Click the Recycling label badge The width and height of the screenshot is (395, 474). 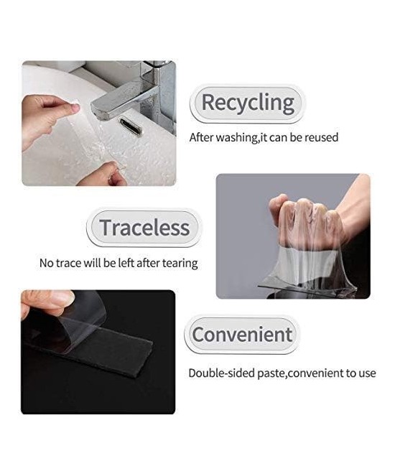(247, 103)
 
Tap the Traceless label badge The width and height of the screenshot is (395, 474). (144, 228)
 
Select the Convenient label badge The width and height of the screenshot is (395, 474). (242, 335)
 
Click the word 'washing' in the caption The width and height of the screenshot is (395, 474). (238, 137)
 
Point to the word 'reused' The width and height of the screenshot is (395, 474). (321, 137)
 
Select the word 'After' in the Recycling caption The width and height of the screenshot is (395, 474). (203, 137)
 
